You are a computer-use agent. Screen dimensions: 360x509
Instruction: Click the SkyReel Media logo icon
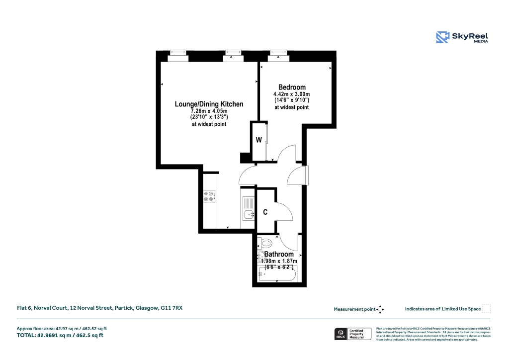pyautogui.click(x=442, y=37)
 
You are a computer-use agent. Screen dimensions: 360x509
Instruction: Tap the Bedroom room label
pyautogui.click(x=292, y=88)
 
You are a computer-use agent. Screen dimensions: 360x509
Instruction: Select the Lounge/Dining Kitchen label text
pyautogui.click(x=209, y=104)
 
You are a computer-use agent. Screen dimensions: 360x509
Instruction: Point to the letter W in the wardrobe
pyautogui.click(x=258, y=140)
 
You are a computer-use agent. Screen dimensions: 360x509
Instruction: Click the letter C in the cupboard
pyautogui.click(x=265, y=212)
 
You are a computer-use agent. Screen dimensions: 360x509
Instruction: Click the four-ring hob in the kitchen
pyautogui.click(x=209, y=196)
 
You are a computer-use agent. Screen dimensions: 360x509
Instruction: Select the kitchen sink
pyautogui.click(x=248, y=212)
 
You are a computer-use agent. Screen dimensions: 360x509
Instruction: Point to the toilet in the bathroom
pyautogui.click(x=265, y=244)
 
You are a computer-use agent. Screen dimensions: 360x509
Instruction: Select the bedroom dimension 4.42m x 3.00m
pyautogui.click(x=291, y=94)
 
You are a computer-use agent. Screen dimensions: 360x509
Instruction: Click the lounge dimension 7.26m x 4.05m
pyautogui.click(x=209, y=111)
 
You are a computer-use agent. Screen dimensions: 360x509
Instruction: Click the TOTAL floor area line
pyautogui.click(x=59, y=336)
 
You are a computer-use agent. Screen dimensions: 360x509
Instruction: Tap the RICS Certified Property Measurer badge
pyautogui.click(x=352, y=334)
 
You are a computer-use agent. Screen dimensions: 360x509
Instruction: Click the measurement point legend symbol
pyautogui.click(x=380, y=309)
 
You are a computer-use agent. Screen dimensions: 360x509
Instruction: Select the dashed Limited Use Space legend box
pyautogui.click(x=487, y=309)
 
